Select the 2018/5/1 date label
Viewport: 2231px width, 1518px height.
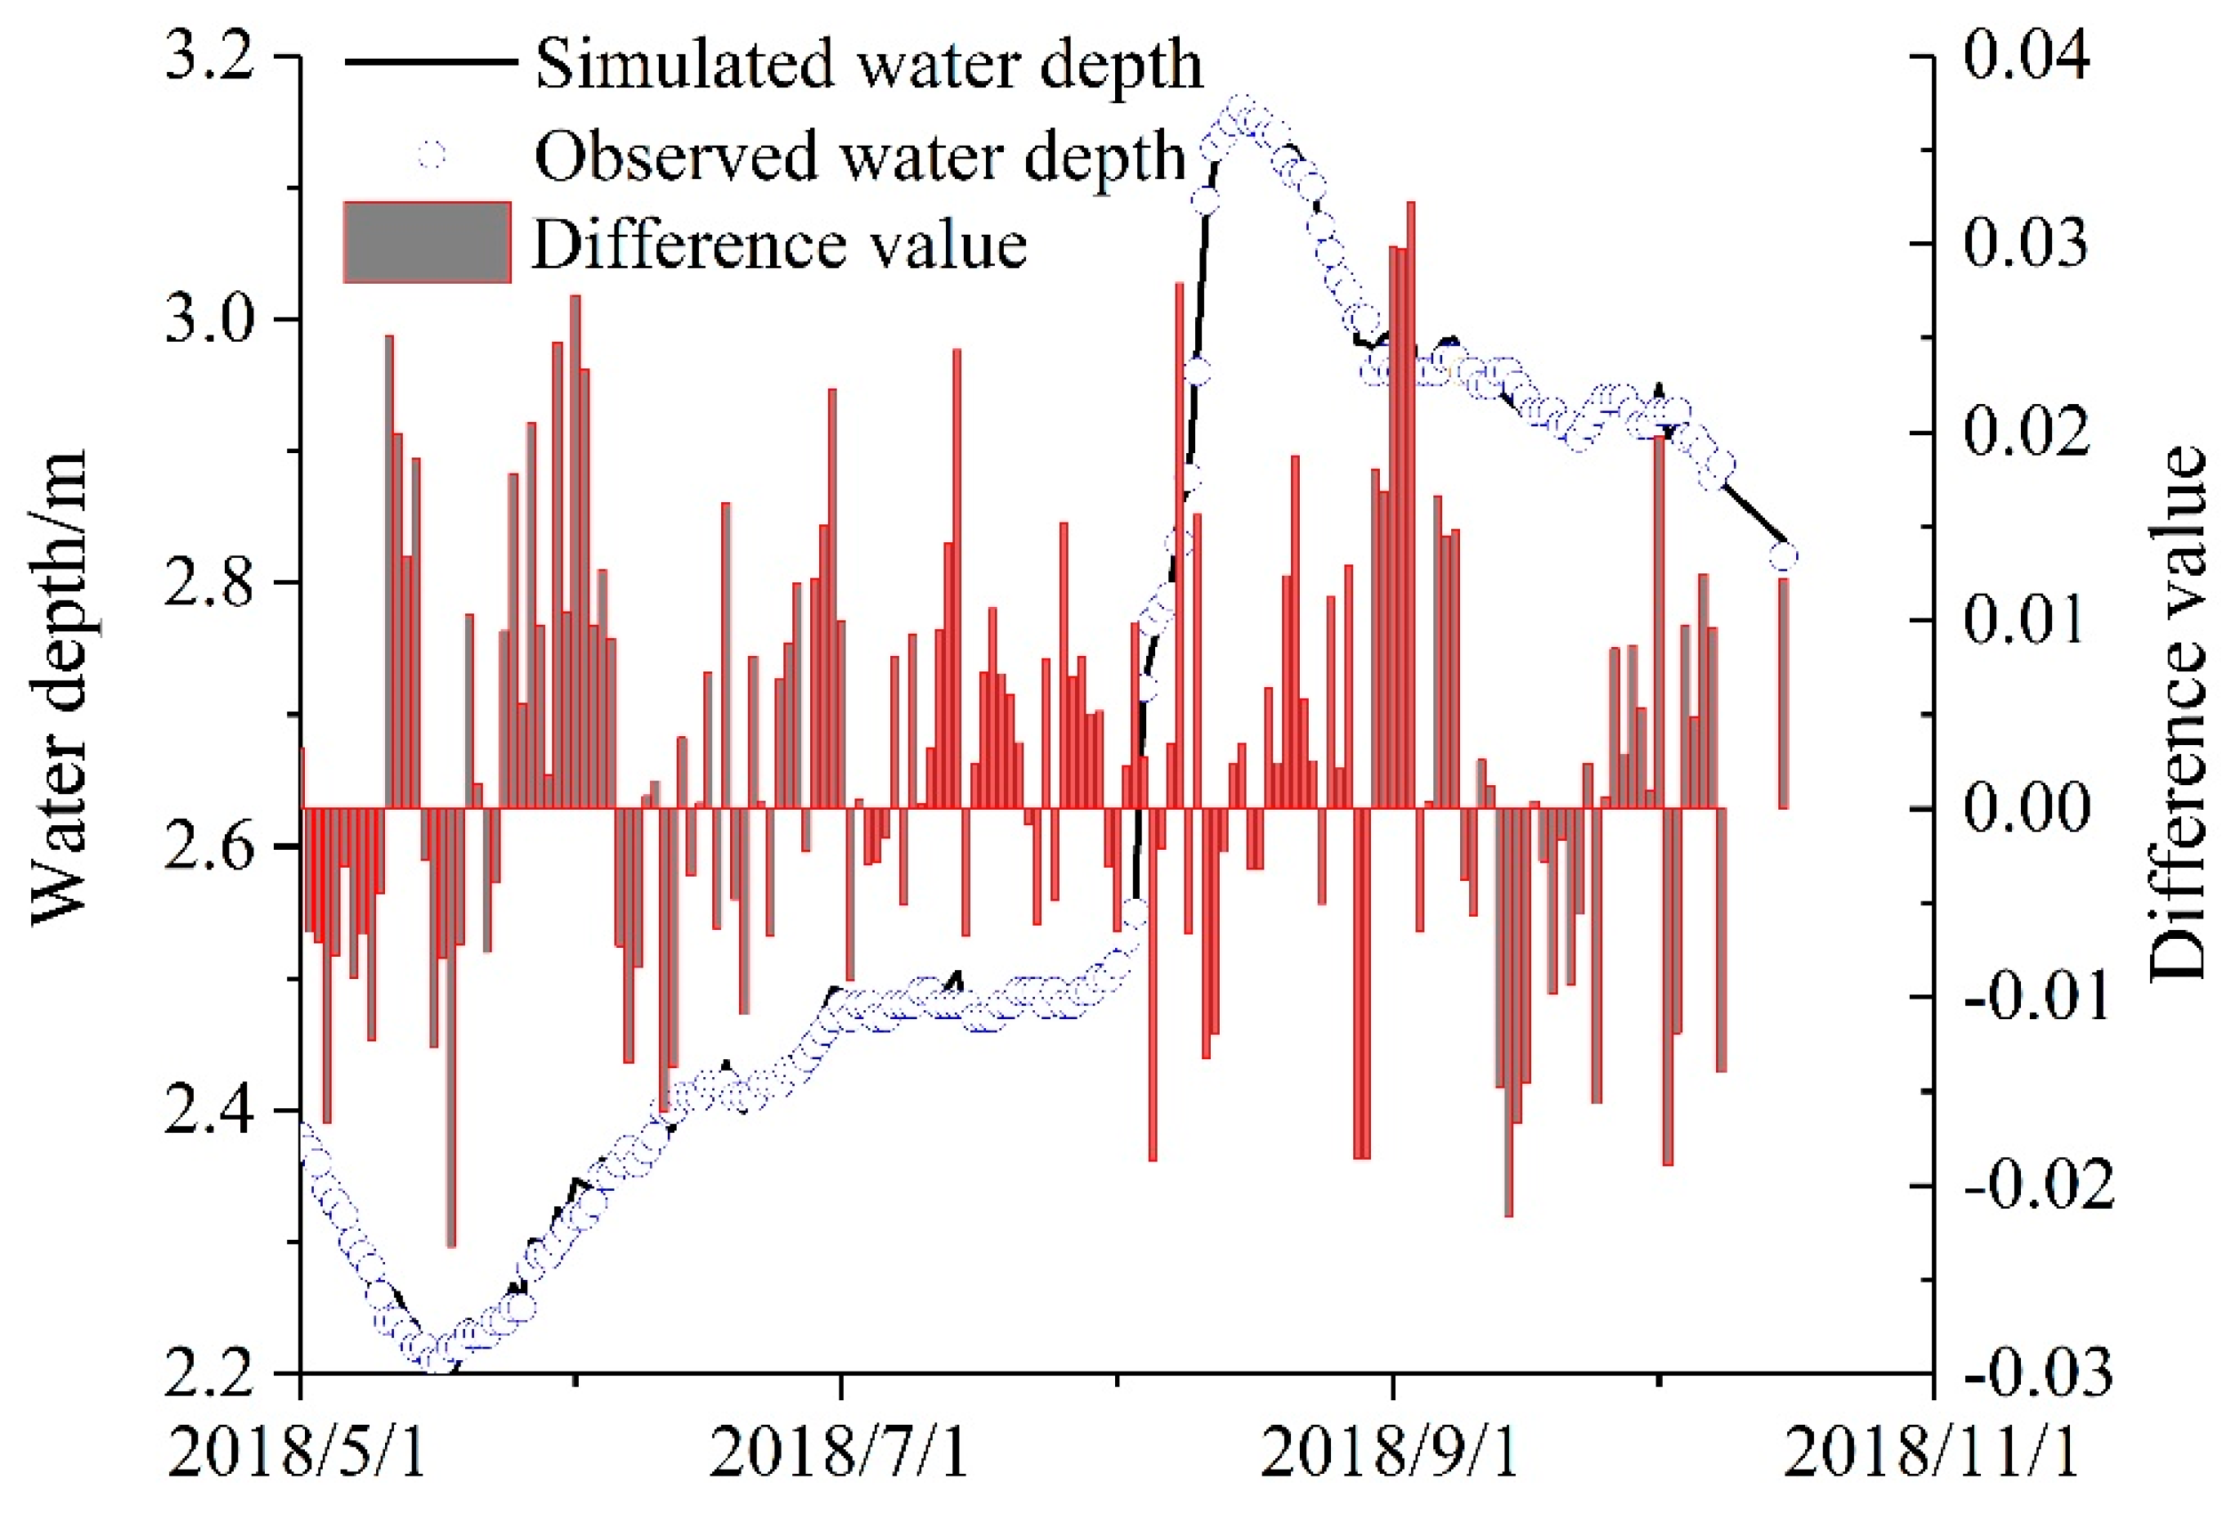pyautogui.click(x=298, y=1452)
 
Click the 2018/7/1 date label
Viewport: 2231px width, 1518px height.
pyautogui.click(x=839, y=1452)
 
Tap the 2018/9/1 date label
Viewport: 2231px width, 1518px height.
pyautogui.click(x=1389, y=1452)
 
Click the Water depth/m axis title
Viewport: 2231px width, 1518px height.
pyautogui.click(x=60, y=686)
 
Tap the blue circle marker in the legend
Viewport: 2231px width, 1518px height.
pyautogui.click(x=431, y=155)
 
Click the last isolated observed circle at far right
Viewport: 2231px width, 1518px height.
pyautogui.click(x=1783, y=556)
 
